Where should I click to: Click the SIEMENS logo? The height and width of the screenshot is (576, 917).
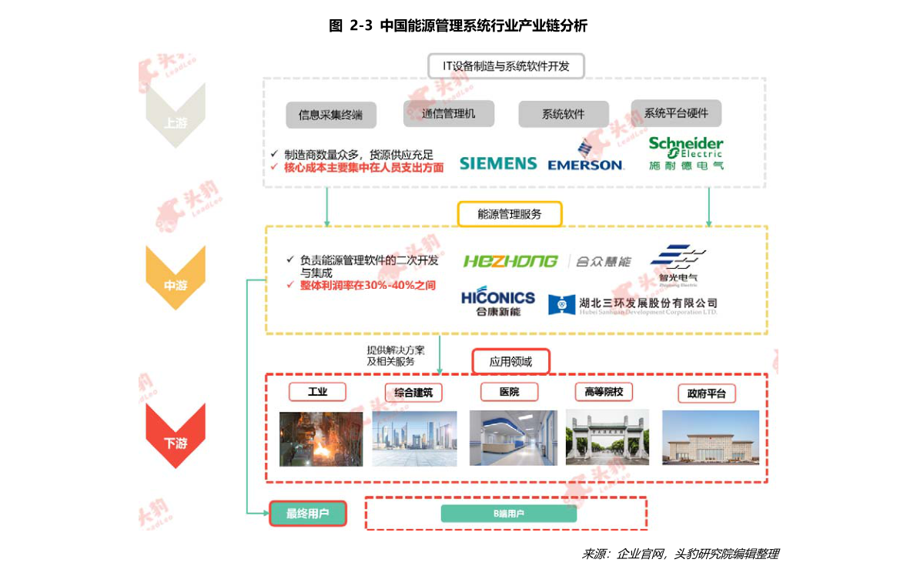pos(498,163)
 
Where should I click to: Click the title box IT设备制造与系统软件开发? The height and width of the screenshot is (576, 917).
pos(506,66)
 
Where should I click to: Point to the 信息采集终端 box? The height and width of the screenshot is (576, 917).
pos(330,115)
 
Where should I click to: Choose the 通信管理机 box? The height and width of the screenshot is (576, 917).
pos(448,114)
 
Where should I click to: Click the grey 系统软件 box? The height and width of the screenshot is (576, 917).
pos(563,114)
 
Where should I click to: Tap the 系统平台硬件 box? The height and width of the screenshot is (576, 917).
pos(676,113)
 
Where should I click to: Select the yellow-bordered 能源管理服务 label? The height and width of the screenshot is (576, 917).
pos(510,214)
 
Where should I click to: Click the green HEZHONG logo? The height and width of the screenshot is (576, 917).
pos(510,261)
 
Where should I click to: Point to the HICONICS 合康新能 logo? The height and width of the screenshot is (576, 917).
pos(498,302)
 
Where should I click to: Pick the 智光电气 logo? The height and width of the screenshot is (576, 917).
pos(678,264)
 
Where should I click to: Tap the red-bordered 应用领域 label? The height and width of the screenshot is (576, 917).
pos(510,360)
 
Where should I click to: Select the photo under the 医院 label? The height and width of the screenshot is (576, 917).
pos(513,437)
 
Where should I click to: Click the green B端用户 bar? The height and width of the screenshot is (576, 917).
pos(508,514)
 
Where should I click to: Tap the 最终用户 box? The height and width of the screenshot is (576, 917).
pos(307,514)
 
